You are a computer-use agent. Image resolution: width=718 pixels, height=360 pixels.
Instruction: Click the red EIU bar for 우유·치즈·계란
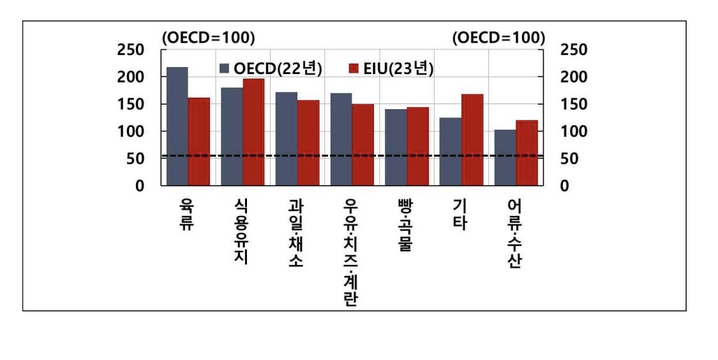[x=362, y=145]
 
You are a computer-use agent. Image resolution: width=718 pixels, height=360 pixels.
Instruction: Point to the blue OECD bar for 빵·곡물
[x=395, y=147]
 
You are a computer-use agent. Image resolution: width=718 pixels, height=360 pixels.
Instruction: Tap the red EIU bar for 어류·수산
[x=526, y=153]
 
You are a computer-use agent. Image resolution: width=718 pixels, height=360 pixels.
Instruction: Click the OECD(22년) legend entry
[x=270, y=68]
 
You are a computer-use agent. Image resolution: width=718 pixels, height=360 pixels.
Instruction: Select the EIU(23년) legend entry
[x=391, y=68]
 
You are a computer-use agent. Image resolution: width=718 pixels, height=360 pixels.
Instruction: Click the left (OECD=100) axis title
[x=208, y=38]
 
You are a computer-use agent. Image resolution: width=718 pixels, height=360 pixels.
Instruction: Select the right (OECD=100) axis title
[x=498, y=38]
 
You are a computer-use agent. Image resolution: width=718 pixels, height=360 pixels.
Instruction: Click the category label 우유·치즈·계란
[x=350, y=251]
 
